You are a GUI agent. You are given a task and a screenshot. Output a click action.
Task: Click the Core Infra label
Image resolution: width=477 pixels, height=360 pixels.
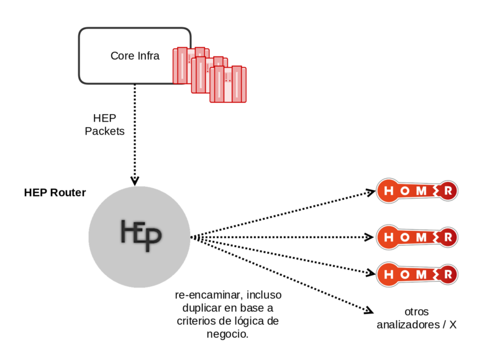pos(135,56)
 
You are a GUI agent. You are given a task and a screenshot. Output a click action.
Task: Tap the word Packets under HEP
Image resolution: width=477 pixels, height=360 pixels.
pos(104,131)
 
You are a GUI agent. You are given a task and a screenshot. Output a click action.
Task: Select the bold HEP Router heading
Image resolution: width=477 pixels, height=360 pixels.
pos(55,192)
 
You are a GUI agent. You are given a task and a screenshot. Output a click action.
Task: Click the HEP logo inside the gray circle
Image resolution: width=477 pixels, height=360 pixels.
pos(140,235)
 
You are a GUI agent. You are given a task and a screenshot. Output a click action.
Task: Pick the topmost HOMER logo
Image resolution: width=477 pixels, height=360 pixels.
pos(417,191)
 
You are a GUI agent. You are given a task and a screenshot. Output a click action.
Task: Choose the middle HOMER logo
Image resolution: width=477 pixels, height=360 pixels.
pos(417,237)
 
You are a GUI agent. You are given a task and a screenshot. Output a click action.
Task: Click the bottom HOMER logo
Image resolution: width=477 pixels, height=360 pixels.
pos(417,274)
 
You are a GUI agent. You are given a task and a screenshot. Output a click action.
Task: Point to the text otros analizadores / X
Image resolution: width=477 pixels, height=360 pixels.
pos(416,318)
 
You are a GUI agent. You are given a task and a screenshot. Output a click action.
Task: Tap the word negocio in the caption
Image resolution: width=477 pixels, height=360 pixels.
pos(227,335)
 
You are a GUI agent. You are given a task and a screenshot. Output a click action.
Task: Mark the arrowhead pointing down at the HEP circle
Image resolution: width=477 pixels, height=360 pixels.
pos(135,181)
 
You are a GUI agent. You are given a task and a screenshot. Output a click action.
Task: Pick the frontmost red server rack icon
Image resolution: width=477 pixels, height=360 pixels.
pos(228,84)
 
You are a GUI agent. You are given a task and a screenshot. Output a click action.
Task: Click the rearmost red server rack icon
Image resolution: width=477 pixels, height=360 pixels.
pos(191,65)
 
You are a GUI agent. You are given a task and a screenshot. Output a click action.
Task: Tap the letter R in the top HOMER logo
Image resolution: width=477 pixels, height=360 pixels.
pos(448,191)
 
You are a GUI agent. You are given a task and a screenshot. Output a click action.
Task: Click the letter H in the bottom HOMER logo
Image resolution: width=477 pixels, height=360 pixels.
pos(388,274)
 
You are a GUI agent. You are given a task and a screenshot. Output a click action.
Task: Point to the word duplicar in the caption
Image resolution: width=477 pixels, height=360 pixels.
pos(202,308)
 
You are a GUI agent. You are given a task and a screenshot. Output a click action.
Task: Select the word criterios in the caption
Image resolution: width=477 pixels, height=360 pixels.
pos(196,322)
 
